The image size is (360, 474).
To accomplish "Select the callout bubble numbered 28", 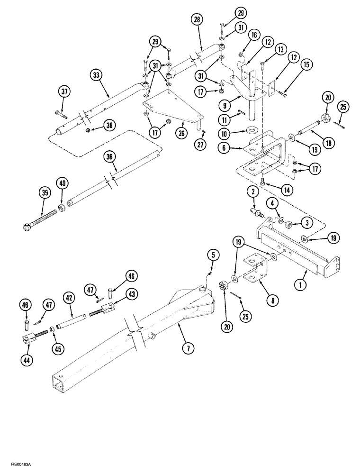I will tap(197, 20).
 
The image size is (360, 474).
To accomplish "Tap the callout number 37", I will tap(64, 91).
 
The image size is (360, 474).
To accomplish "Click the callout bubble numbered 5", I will tap(214, 256).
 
